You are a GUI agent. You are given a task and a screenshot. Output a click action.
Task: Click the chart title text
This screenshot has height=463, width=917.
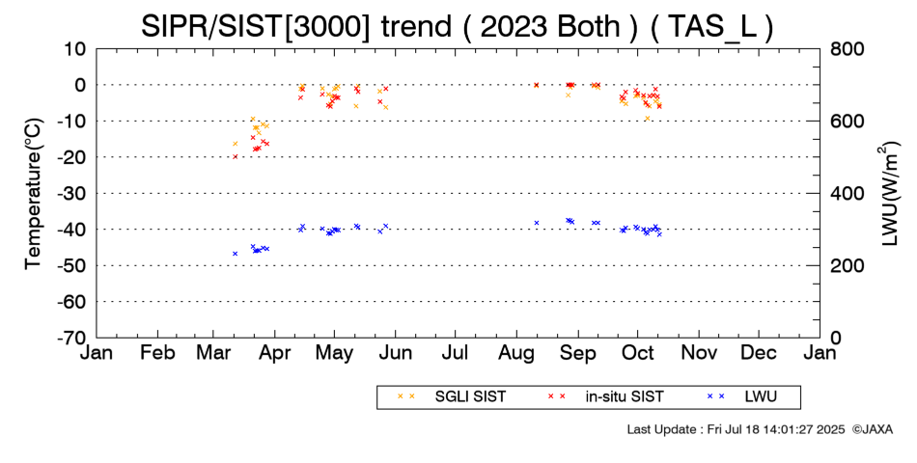point(457,26)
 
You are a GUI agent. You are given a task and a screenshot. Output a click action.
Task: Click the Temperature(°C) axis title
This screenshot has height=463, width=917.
point(34,194)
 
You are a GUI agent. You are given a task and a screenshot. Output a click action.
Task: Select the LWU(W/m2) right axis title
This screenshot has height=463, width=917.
point(887,194)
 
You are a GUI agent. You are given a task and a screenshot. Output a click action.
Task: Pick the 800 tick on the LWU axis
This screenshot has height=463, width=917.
point(847,48)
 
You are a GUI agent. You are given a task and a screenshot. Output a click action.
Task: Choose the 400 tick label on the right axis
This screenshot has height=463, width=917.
point(847,193)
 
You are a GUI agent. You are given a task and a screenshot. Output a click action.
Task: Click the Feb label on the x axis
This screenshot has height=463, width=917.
point(158,353)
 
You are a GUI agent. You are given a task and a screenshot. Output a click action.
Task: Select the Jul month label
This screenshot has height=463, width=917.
point(455,353)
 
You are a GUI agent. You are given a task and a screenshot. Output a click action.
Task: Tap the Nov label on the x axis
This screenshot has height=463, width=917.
point(699,353)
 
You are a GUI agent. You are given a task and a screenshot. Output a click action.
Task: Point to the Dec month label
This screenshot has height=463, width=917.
point(759,353)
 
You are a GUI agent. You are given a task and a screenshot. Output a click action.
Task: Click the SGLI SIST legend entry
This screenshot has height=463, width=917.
point(452,396)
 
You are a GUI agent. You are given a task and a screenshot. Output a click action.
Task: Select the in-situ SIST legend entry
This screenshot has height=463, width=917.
point(605,396)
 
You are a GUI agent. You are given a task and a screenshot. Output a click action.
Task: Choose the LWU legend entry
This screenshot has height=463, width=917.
point(742,396)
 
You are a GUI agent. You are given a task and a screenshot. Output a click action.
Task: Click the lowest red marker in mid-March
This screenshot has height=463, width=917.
point(236,156)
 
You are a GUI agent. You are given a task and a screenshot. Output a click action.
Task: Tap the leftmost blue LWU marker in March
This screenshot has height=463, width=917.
point(236,253)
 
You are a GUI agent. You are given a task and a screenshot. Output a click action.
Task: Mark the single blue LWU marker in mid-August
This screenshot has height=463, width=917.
point(537,223)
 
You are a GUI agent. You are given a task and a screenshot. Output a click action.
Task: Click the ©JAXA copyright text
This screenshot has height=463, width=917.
point(872,429)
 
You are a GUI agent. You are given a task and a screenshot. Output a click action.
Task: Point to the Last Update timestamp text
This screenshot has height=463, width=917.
point(736,429)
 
